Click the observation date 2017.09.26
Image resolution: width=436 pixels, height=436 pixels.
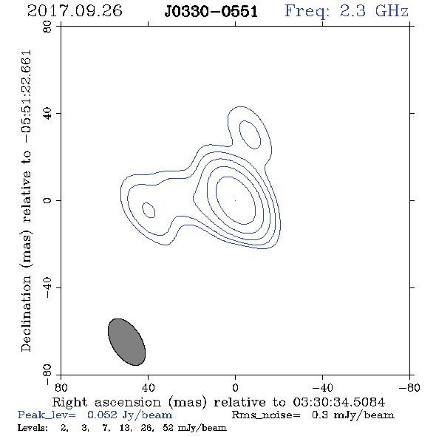point(75,11)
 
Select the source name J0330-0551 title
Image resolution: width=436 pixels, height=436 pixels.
point(211,12)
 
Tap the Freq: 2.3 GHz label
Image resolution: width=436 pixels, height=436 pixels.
point(347,12)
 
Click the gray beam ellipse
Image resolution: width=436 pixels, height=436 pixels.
point(126,342)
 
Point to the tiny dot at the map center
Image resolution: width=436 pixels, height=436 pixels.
point(235,200)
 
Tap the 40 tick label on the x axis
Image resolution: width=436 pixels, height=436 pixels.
point(148,388)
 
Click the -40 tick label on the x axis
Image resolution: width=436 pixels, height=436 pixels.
point(322,388)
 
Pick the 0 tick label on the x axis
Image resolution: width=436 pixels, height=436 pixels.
point(235,388)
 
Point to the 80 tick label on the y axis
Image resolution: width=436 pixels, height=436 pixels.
point(47,27)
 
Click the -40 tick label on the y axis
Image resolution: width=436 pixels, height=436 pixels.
point(47,287)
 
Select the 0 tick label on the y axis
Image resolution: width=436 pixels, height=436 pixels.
point(47,200)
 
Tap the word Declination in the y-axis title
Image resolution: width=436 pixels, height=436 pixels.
point(26,313)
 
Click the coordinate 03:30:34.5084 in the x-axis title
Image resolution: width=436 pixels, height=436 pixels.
point(339,402)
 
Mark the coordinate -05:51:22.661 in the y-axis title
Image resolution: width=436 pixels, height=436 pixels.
point(27,97)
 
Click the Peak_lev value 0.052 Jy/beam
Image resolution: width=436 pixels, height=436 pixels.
point(130,415)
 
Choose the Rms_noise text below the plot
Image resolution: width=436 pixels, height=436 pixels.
point(266,415)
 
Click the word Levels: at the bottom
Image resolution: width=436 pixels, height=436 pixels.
point(33,427)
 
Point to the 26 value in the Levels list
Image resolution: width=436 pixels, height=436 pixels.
point(148,428)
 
